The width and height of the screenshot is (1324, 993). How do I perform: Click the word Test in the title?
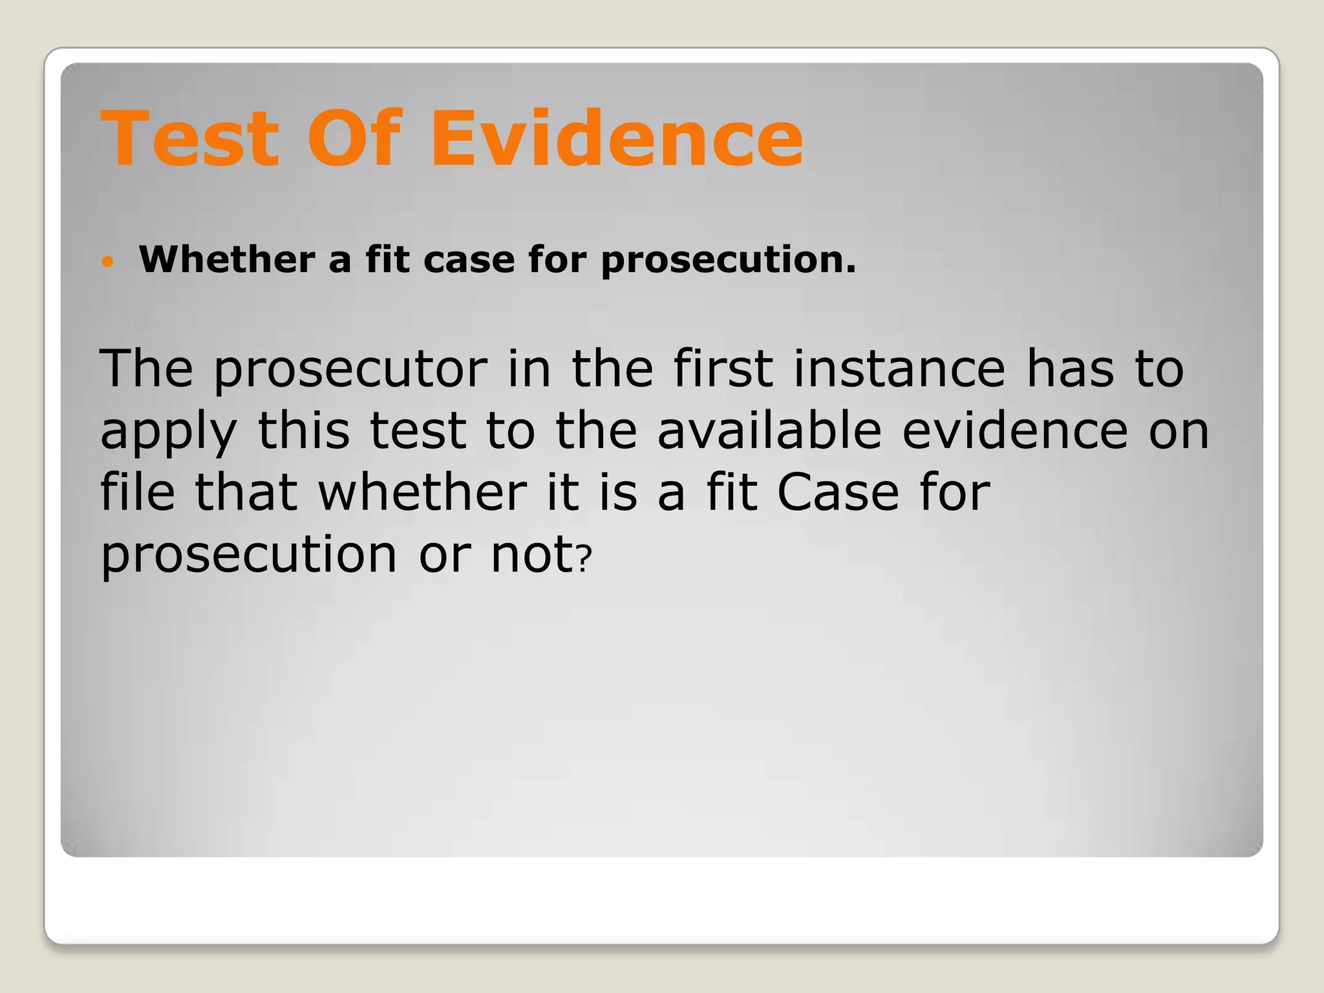pyautogui.click(x=190, y=138)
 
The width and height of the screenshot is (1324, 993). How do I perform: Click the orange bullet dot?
pyautogui.click(x=108, y=262)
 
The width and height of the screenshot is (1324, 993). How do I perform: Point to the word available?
pyautogui.click(x=769, y=431)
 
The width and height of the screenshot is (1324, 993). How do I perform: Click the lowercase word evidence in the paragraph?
pyautogui.click(x=1015, y=431)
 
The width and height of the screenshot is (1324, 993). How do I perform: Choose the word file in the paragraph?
pyautogui.click(x=137, y=492)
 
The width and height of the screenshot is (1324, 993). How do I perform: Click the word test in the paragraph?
pyautogui.click(x=418, y=431)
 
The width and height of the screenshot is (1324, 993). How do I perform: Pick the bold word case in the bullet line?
pyautogui.click(x=469, y=260)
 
